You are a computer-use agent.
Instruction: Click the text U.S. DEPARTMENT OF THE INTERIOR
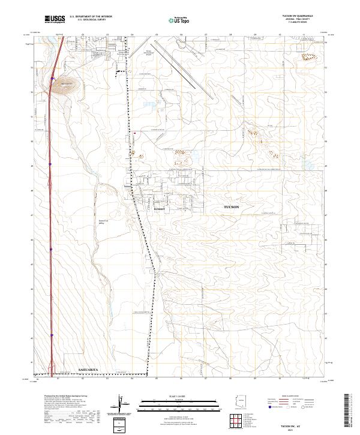[91, 17]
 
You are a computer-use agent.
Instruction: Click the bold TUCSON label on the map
[231, 206]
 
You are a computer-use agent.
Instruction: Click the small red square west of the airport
[135, 133]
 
